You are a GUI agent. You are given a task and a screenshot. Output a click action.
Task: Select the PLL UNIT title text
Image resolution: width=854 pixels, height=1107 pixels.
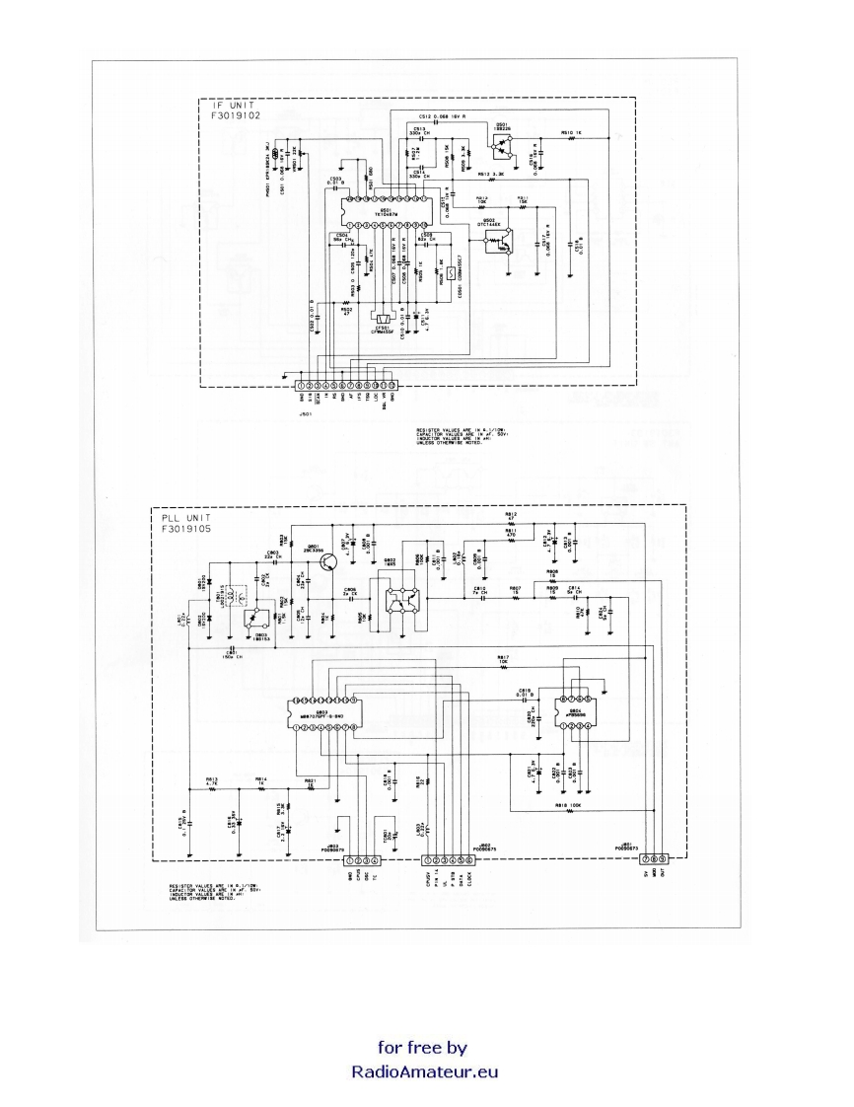click(x=188, y=517)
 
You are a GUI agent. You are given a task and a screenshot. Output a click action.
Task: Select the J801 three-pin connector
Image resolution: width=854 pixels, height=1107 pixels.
click(x=656, y=861)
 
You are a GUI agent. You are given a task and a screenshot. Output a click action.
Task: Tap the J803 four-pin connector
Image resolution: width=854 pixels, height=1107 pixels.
click(x=357, y=861)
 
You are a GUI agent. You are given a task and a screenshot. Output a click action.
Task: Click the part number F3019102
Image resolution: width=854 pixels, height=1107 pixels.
click(x=231, y=115)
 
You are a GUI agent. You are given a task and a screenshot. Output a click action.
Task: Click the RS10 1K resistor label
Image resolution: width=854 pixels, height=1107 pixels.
click(x=571, y=132)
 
